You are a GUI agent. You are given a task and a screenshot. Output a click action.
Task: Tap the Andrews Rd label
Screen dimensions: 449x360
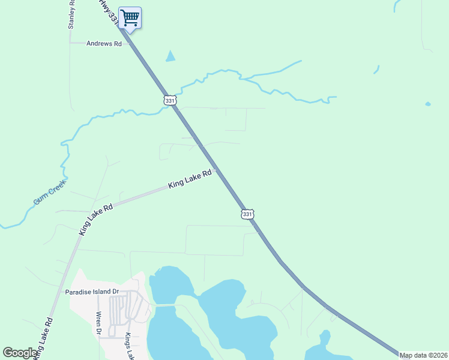click(104, 44)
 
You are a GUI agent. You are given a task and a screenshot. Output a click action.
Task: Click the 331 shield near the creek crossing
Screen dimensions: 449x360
click(170, 100)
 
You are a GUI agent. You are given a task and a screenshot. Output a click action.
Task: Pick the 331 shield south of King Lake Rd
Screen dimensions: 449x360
click(248, 214)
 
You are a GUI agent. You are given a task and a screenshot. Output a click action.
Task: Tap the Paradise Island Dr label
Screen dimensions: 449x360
click(92, 292)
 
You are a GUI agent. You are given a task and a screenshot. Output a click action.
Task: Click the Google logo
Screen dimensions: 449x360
click(20, 353)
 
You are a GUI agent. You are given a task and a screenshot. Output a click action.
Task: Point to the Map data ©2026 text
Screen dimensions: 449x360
click(424, 355)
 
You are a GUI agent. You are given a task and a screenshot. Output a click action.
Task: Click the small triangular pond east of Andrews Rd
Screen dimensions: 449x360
click(171, 57)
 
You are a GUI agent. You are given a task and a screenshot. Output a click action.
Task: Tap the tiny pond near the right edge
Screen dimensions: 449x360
click(427, 104)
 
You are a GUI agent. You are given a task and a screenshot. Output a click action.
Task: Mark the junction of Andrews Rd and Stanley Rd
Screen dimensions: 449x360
click(70, 43)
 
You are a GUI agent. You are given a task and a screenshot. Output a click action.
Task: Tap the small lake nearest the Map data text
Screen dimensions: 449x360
click(321, 347)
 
